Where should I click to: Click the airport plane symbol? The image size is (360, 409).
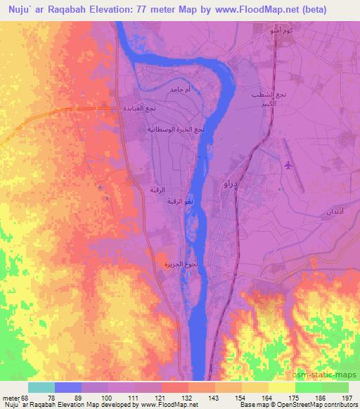tap(288, 165)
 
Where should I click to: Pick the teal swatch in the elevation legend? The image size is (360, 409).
tap(41, 387)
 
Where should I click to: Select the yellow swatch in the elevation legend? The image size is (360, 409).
tap(281, 387)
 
